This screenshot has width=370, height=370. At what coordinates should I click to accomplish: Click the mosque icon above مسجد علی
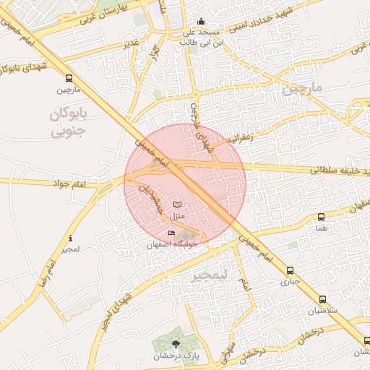[x=200, y=22]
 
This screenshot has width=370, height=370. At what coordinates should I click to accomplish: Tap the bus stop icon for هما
[x=321, y=216]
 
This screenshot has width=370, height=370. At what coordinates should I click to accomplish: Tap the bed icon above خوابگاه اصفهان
[x=171, y=233]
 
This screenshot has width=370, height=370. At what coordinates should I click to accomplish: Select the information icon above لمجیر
[x=70, y=238]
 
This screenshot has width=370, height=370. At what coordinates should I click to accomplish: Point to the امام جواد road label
[x=69, y=185]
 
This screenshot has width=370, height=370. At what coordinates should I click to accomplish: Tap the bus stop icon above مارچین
[x=68, y=78]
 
